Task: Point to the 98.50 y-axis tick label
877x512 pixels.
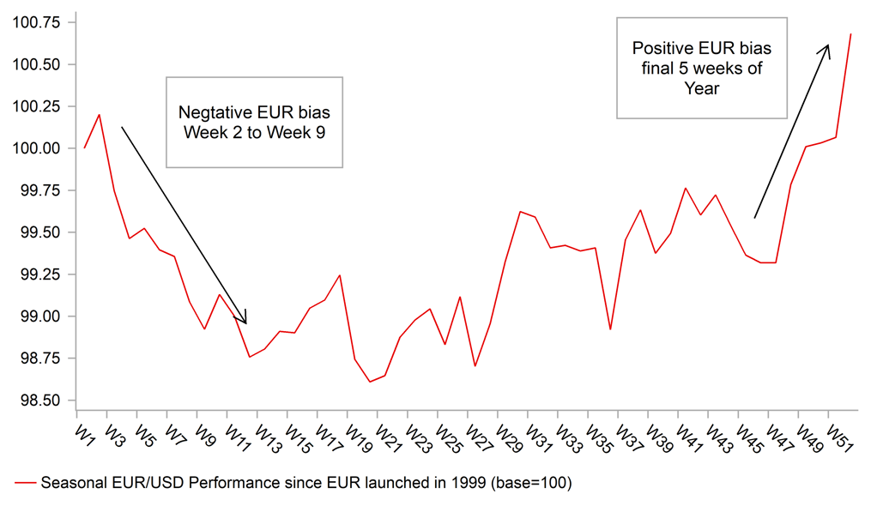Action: tap(37, 401)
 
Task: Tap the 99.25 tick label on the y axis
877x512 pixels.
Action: tap(37, 274)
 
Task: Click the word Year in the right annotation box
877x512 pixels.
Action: tap(701, 87)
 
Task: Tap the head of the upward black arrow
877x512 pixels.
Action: tap(827, 47)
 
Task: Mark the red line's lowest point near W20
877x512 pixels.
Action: tap(370, 382)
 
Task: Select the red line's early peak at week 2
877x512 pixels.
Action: tap(100, 115)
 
